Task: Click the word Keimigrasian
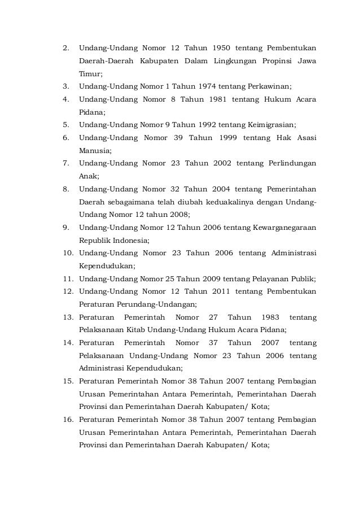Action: pos(269,125)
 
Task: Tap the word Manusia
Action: pos(95,151)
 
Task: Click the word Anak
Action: pos(88,176)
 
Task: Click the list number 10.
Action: pos(68,252)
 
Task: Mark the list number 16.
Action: pos(68,420)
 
